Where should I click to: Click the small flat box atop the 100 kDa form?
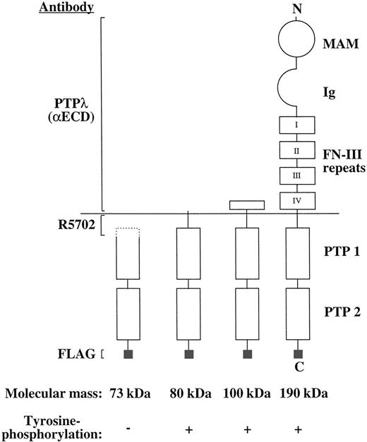pyautogui.click(x=247, y=205)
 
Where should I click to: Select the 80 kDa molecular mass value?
pyautogui.click(x=191, y=391)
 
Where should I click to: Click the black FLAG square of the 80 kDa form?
pyautogui.click(x=188, y=353)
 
